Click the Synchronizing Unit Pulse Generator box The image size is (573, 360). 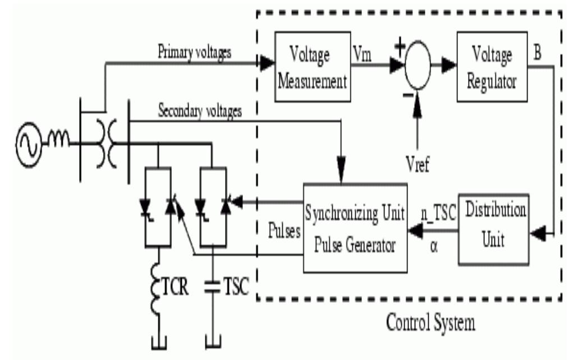coord(355,227)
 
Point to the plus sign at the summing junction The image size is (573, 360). coord(400,49)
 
